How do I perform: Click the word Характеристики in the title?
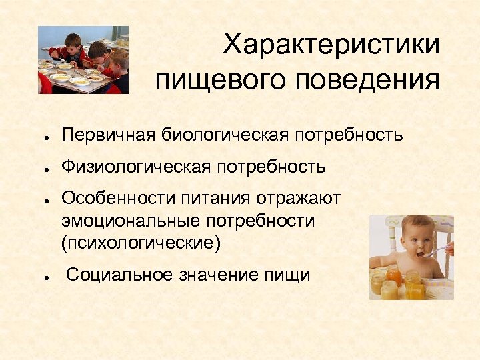tap(331, 45)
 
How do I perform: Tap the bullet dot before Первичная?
tap(41, 137)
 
